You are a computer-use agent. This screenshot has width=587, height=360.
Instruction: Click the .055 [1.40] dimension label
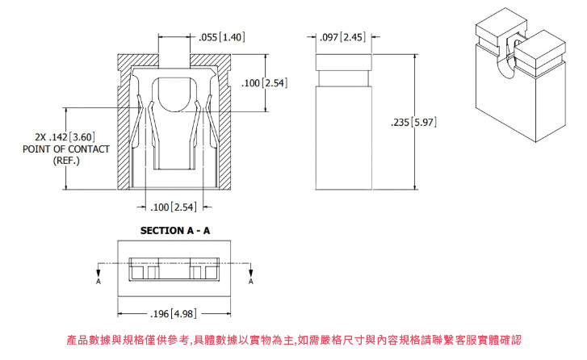(x=221, y=37)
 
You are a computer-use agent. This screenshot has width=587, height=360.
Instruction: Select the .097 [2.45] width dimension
(x=342, y=37)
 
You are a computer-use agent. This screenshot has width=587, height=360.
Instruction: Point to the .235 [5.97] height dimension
(x=413, y=122)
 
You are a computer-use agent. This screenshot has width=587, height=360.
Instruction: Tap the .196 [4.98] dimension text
(x=173, y=314)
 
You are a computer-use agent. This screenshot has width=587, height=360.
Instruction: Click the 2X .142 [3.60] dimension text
(x=65, y=137)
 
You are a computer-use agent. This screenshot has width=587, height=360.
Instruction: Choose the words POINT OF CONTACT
(x=66, y=149)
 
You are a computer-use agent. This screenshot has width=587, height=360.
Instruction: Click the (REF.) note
(x=66, y=161)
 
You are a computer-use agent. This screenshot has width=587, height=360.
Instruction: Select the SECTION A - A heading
(x=175, y=231)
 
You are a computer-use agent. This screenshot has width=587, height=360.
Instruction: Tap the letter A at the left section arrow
(x=99, y=282)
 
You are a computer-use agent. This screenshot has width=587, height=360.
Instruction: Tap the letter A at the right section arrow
(x=251, y=282)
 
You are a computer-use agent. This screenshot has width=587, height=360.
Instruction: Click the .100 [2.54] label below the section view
(x=173, y=207)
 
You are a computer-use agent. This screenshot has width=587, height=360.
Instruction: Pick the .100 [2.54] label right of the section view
(x=264, y=82)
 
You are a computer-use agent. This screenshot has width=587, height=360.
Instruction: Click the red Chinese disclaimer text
(x=294, y=340)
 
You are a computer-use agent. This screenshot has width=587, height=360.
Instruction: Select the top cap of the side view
(x=344, y=62)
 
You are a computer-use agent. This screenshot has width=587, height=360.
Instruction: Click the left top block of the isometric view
(x=501, y=26)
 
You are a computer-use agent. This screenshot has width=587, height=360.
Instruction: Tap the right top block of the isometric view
(x=540, y=48)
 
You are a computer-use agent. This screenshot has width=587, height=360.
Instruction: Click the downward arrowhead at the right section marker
(x=251, y=273)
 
